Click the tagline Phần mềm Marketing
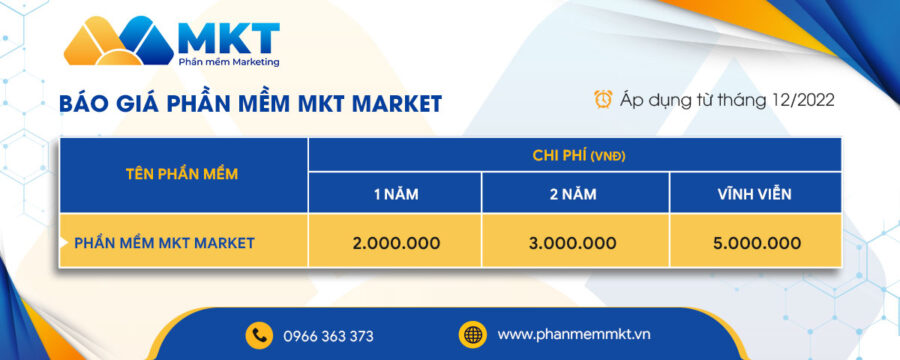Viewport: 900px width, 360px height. pos(228,62)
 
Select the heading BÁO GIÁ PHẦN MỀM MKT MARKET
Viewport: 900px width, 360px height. pos(250,103)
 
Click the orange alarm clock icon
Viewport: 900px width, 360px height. pos(604,99)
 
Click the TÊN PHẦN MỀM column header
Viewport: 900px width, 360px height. pos(182,174)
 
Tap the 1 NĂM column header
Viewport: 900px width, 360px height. pos(395,194)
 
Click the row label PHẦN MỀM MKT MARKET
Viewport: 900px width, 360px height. pos(165,242)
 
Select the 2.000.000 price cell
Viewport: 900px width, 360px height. pos(395,242)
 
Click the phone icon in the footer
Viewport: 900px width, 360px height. pos(260,335)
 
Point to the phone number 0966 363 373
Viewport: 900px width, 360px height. pos(328,336)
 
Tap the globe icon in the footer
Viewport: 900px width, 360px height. pos(472,334)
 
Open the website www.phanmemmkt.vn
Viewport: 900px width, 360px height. pos(573,334)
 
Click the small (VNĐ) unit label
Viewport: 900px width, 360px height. pos(608,156)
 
